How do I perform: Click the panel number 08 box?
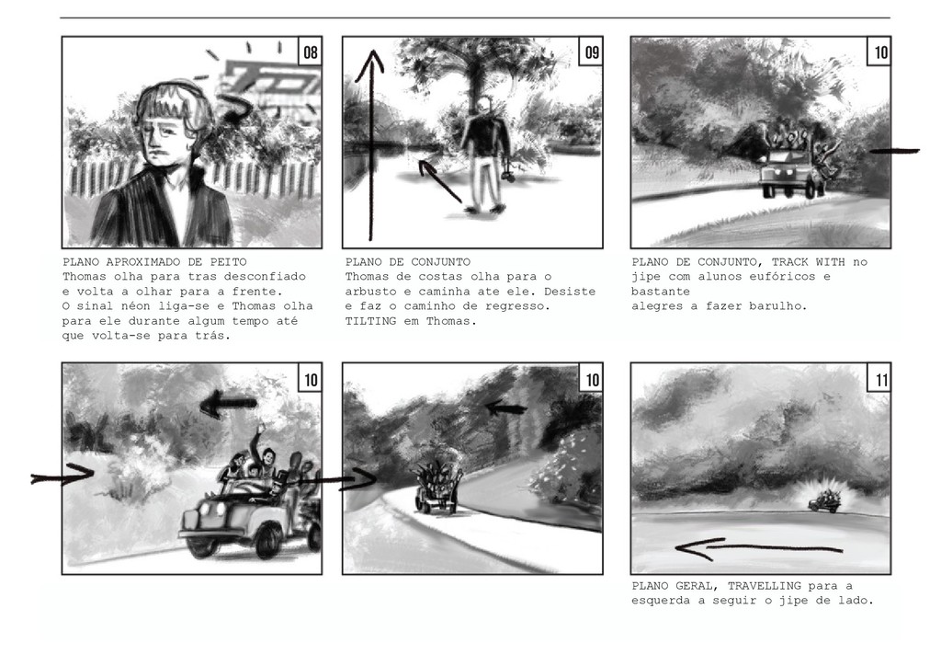tap(311, 51)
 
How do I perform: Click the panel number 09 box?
tap(592, 51)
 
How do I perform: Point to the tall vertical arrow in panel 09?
tap(371, 144)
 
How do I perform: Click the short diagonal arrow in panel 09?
tap(440, 180)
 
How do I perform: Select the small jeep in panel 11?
tap(823, 502)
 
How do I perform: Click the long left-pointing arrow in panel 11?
tap(758, 548)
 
